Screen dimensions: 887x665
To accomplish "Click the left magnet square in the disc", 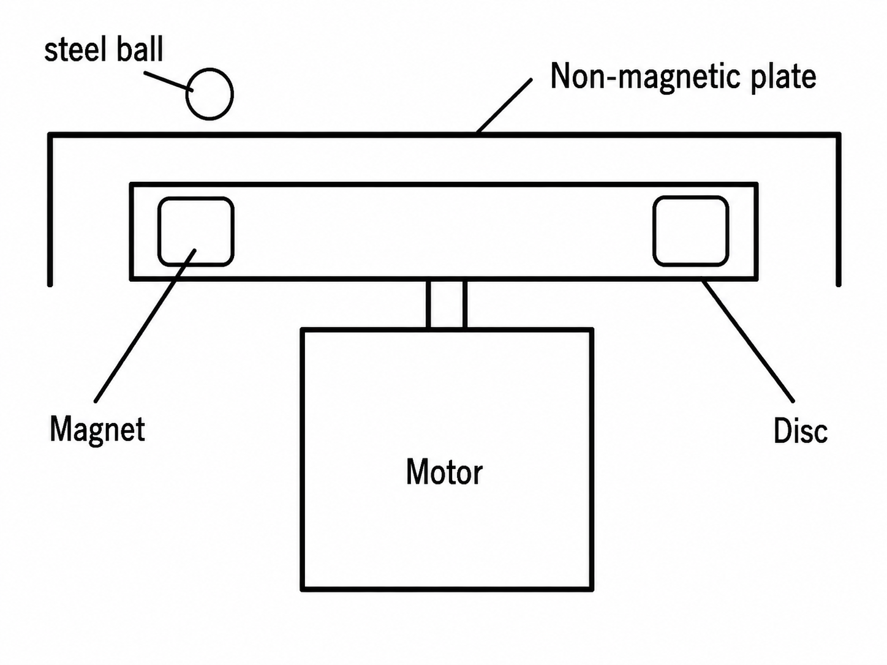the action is coord(159,231).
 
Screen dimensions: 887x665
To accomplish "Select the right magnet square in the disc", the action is coord(654,231).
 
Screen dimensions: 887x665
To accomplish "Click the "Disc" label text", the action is coord(801,431).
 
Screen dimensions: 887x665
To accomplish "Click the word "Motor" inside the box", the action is coord(444,472).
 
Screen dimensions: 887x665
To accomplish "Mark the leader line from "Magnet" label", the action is coord(145,325).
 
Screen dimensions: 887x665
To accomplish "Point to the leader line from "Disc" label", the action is coord(748,340).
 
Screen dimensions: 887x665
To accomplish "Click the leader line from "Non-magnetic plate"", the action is coord(504,105).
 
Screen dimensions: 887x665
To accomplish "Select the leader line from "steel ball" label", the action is coord(168,81).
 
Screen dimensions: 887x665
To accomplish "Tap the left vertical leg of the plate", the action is coord(50,209).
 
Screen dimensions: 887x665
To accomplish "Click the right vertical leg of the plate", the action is coord(839,209).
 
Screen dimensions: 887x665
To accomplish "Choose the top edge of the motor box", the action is coord(447,330).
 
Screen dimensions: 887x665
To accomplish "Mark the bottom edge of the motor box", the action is coord(447,589).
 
